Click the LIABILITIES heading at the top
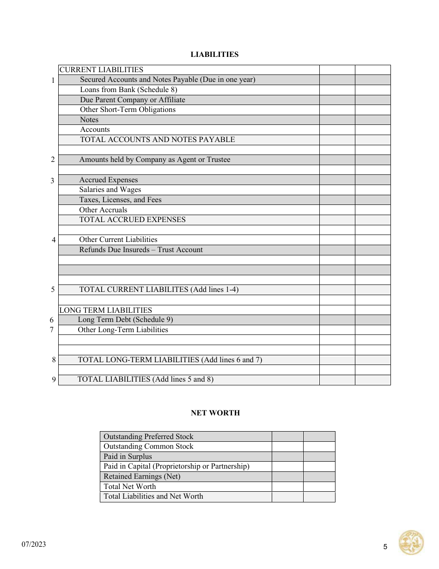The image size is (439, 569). (214, 55)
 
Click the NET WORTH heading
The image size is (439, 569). (215, 413)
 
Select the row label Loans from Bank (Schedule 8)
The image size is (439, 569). (128, 90)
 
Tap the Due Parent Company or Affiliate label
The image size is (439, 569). (132, 100)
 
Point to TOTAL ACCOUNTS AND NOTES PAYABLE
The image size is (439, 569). (157, 140)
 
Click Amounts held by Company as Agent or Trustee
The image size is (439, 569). (154, 160)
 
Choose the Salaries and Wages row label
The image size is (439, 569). (110, 190)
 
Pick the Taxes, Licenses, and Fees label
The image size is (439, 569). (120, 200)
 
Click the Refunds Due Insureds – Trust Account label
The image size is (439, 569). (141, 250)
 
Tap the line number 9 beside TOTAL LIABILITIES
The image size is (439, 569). (54, 380)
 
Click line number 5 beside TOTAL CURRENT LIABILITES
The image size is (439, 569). (53, 290)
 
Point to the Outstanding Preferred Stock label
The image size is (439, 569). (148, 437)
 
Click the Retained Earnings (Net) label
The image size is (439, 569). (142, 476)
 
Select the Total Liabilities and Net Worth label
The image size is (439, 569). (153, 496)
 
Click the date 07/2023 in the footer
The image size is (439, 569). (34, 544)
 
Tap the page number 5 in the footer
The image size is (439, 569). (385, 547)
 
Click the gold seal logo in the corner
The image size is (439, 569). (411, 543)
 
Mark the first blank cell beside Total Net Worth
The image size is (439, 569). (287, 487)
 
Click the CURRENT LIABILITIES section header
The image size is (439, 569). (101, 70)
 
